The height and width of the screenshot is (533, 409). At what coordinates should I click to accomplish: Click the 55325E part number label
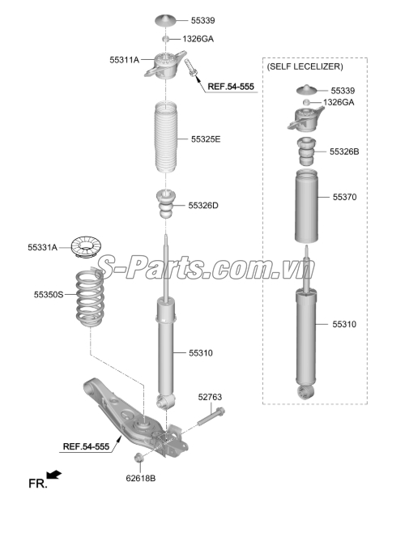coord(206,139)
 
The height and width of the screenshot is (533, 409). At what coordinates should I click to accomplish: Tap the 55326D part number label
coord(203,206)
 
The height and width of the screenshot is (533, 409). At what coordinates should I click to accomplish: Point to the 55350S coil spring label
coord(48,296)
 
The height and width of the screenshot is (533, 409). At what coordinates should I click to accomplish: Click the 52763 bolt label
coord(210,397)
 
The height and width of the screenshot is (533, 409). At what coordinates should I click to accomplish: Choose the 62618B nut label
coord(141,478)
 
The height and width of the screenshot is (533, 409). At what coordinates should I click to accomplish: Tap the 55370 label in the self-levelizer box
coord(344,197)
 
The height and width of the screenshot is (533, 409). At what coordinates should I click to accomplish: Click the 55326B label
coord(344,151)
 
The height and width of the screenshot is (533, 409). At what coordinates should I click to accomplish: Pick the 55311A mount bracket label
coord(125,59)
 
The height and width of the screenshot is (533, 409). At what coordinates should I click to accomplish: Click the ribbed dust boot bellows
coord(167,139)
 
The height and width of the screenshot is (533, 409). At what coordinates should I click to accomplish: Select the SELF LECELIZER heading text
coord(304,66)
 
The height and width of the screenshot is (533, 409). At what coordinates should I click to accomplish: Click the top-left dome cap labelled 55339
coord(166,19)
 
